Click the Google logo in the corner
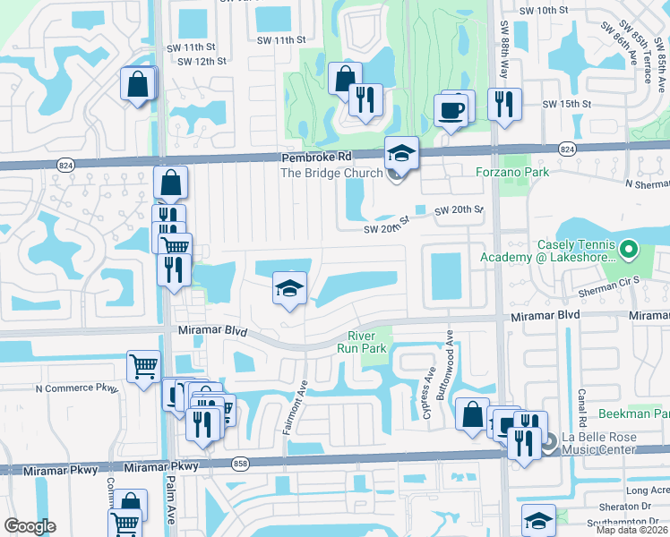tap(30, 526)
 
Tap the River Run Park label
tap(365, 343)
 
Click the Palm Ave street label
tap(170, 507)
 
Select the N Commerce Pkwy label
tap(76, 388)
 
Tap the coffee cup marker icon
tap(451, 111)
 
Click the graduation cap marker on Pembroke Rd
tap(401, 154)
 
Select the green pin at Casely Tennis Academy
tap(629, 248)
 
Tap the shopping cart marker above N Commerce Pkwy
tap(143, 366)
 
